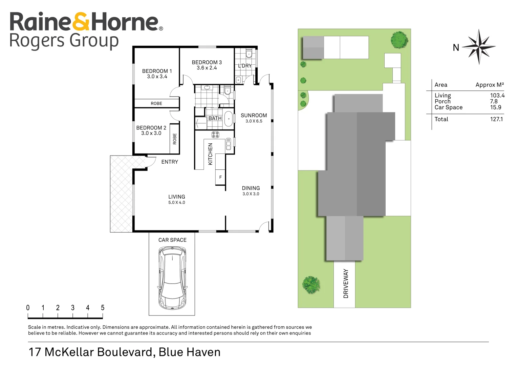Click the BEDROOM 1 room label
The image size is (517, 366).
tap(157, 71)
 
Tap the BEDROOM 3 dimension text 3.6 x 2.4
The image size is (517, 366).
tap(207, 68)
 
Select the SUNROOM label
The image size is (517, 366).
tap(254, 116)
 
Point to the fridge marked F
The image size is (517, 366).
tap(220, 177)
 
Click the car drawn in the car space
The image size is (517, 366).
tap(172, 278)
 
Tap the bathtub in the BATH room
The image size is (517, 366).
tap(229, 119)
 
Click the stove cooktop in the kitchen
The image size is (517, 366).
tap(215, 135)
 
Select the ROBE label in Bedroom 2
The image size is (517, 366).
tap(175, 139)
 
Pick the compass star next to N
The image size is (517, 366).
tap(479, 47)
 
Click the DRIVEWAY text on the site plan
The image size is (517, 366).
tap(346, 283)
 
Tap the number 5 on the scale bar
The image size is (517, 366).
tap(102, 308)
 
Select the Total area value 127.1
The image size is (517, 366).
tap(496, 119)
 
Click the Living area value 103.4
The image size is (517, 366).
tap(497, 96)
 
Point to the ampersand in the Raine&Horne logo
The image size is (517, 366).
tap(81, 22)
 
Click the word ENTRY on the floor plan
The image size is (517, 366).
tap(170, 162)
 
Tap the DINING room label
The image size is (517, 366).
tap(251, 188)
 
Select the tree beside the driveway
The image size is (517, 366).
tap(311, 284)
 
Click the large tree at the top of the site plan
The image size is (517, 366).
tap(399, 40)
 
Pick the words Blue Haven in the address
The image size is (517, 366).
tap(189, 352)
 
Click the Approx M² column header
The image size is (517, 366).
tap(489, 85)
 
